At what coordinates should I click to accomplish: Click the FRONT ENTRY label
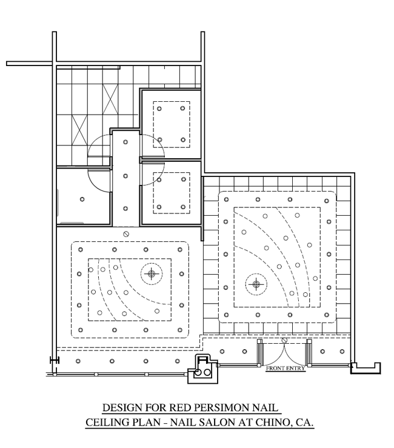pyautogui.click(x=285, y=369)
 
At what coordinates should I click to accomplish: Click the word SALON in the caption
pyautogui.click(x=216, y=422)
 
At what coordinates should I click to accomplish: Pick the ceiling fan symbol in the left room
pyautogui.click(x=152, y=274)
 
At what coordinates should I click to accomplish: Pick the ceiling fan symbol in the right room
pyautogui.click(x=256, y=284)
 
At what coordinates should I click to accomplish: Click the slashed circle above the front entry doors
pyautogui.click(x=284, y=340)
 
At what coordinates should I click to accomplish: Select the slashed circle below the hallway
pyautogui.click(x=125, y=234)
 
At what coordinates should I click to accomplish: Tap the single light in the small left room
pyautogui.click(x=82, y=199)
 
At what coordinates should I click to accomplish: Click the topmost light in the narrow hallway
pyautogui.click(x=125, y=142)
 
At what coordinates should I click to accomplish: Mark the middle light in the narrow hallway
pyautogui.click(x=125, y=176)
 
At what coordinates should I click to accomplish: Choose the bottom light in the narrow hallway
pyautogui.click(x=125, y=209)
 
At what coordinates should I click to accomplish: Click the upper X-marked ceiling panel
pyautogui.click(x=110, y=99)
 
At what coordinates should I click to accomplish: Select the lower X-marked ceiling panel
pyautogui.click(x=79, y=130)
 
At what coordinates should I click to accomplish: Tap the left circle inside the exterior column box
pyautogui.click(x=198, y=373)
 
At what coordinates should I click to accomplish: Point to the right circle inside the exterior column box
pyautogui.click(x=207, y=373)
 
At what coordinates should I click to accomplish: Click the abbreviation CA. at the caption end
pyautogui.click(x=304, y=422)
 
